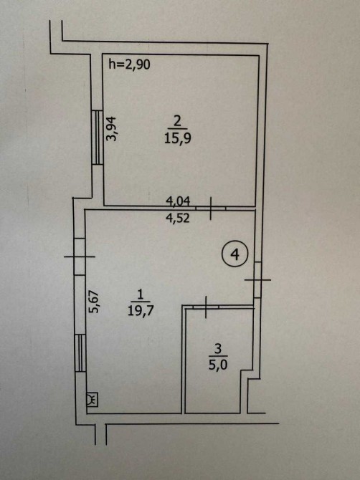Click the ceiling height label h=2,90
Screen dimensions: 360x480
[x=130, y=65]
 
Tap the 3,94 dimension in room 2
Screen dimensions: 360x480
[x=112, y=128]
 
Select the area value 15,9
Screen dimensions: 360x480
[x=178, y=138]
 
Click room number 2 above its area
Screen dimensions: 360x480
[x=177, y=122]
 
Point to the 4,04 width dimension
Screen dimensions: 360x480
[x=178, y=201]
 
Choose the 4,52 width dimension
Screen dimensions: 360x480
[x=178, y=218]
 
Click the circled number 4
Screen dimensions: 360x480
[x=235, y=254]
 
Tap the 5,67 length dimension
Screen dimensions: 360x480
[x=94, y=301]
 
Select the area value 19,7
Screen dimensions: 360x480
[x=141, y=312]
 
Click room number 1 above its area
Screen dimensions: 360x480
[x=141, y=295]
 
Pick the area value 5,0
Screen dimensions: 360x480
[x=218, y=365]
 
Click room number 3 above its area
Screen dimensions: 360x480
[x=218, y=349]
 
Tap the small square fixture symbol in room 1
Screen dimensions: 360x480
[x=93, y=400]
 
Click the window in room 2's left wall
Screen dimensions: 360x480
[x=98, y=138]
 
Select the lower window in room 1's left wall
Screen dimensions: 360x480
[x=80, y=353]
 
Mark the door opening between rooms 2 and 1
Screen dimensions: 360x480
[x=211, y=208]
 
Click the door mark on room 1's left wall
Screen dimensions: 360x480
[x=80, y=256]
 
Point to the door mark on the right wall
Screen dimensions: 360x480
[x=257, y=280]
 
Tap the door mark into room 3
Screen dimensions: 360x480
[x=206, y=307]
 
